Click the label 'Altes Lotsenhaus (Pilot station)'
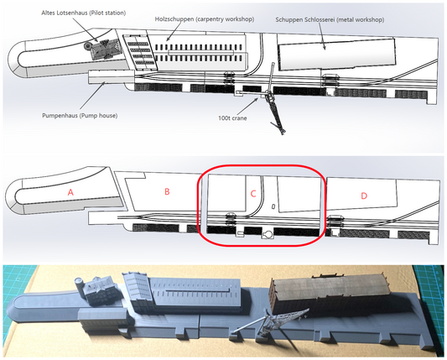tap(84, 13)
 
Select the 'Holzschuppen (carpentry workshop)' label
tap(205, 19)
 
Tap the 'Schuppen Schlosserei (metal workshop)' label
tap(330, 20)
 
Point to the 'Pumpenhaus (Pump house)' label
tap(80, 116)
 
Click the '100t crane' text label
tap(232, 118)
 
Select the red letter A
tap(70, 192)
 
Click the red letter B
tap(167, 191)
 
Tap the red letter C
tap(253, 194)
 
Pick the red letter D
tap(364, 196)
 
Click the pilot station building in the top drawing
tap(106, 49)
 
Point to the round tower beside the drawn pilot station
tap(87, 45)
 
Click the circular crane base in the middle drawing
tap(268, 235)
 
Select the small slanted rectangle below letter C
tap(273, 206)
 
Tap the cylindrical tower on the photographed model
tap(79, 285)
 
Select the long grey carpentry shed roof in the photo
tap(197, 291)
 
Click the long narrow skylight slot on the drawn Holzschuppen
tap(201, 53)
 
